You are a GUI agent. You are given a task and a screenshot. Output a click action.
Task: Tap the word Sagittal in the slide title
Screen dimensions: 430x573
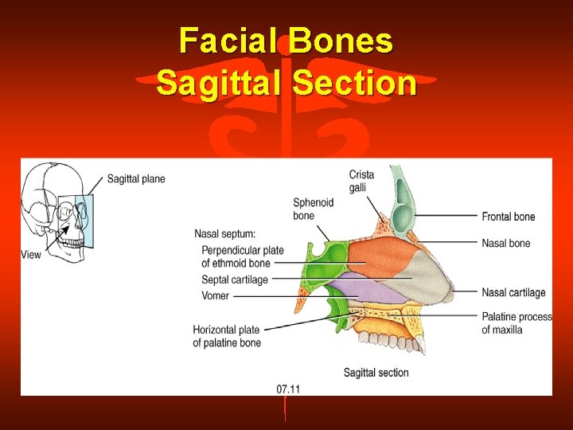coord(220,82)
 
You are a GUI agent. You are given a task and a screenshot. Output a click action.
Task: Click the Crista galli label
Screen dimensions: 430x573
coord(361,182)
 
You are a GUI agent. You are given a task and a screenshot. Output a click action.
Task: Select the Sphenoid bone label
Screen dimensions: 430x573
coord(313,209)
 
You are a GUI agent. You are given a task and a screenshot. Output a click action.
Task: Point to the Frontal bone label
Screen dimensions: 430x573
coord(508,217)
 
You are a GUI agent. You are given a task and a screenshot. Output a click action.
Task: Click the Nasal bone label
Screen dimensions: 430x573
coord(505,243)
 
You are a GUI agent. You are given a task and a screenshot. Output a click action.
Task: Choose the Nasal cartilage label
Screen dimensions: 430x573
coord(513,292)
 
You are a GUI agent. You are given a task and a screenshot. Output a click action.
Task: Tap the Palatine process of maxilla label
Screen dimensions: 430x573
coord(516,323)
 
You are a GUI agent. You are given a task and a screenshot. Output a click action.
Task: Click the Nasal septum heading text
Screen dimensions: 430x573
coord(224,234)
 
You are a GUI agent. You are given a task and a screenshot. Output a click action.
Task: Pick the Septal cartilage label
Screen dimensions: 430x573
coord(235,279)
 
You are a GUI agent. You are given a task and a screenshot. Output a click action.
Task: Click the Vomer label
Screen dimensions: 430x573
coord(216,295)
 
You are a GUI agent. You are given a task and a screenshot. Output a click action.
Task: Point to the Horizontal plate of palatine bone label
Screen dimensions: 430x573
coord(227,337)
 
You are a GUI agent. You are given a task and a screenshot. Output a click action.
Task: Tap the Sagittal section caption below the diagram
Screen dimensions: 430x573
coord(376,373)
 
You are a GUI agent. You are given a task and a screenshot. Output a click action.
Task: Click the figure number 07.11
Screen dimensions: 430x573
coord(288,389)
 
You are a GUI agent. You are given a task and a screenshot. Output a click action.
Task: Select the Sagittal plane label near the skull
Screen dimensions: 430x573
coord(136,179)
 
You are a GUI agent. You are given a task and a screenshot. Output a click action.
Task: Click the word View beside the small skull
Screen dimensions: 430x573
coord(31,255)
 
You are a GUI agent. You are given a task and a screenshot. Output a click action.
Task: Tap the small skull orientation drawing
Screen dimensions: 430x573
coord(57,211)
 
